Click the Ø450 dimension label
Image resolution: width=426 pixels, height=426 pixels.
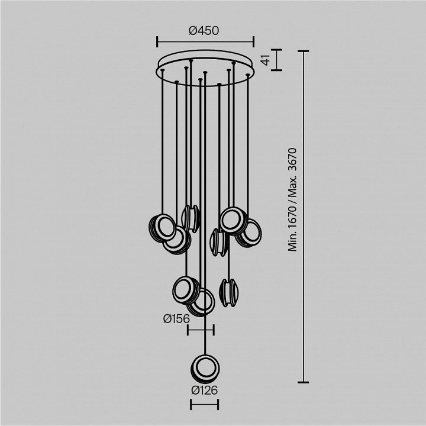point(204,31)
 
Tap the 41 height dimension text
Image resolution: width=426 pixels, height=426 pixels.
point(266,60)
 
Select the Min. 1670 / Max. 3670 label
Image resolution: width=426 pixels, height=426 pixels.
point(292,200)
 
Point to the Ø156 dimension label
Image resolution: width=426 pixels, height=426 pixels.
point(176,319)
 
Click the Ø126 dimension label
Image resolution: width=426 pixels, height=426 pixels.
point(204,390)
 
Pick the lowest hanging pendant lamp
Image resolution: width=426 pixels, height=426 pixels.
point(205,369)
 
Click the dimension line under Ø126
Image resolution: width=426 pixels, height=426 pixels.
point(204,404)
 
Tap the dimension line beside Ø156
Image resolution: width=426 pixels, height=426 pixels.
point(201,330)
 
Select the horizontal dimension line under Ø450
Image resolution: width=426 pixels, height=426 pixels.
point(205,42)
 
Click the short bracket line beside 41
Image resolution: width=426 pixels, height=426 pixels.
point(276,60)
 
